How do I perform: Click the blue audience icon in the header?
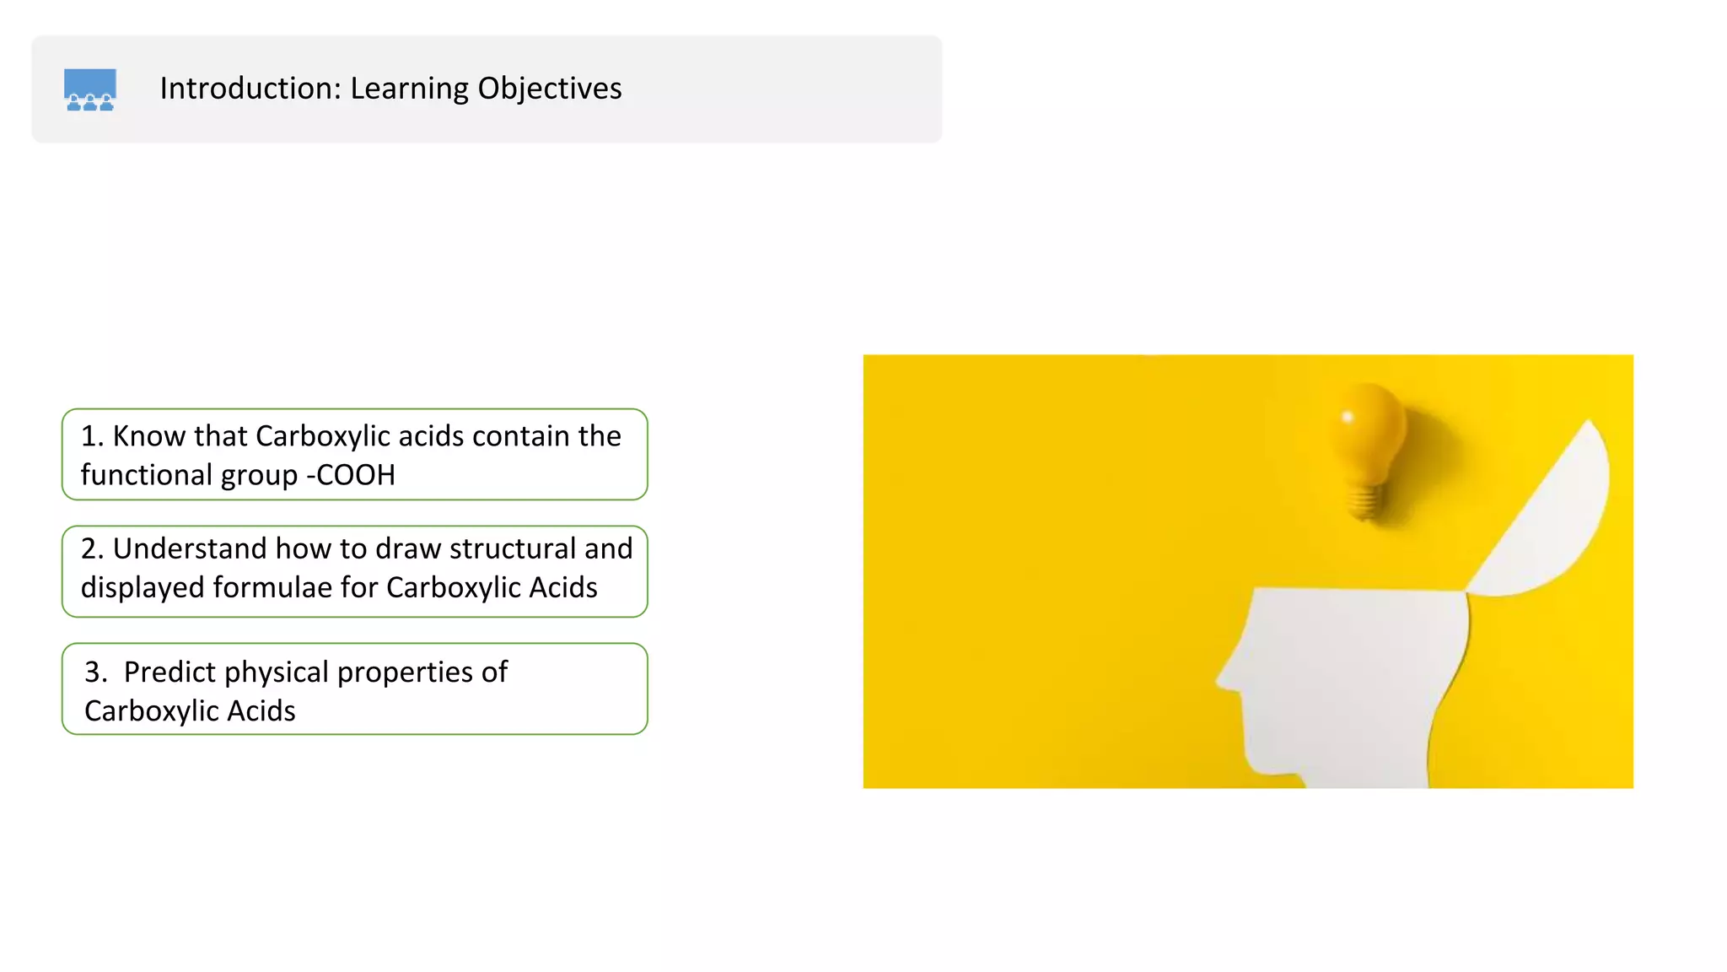point(90,89)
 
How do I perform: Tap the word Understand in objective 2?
point(190,548)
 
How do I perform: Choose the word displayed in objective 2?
point(142,588)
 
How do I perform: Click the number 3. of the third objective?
point(95,672)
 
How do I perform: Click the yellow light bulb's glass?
point(1367,430)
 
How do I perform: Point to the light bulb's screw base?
point(1365,502)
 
